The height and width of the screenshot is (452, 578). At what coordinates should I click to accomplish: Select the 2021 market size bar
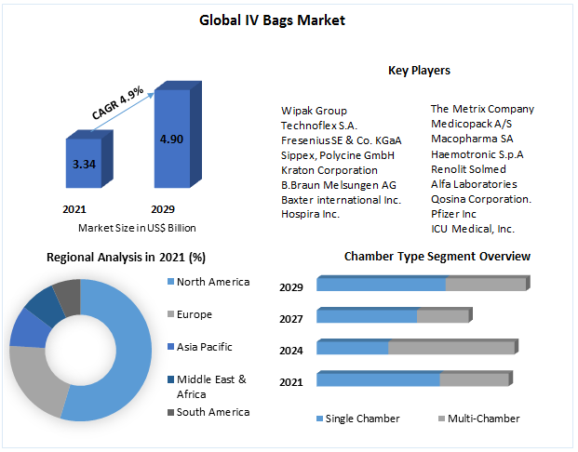84,166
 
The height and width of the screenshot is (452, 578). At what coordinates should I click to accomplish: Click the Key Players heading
419,71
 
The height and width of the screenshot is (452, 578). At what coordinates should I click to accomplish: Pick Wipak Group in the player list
314,111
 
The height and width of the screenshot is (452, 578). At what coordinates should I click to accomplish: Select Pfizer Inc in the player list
453,214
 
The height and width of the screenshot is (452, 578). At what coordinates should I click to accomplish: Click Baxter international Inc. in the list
341,199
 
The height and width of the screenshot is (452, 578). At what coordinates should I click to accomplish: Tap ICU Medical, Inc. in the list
472,229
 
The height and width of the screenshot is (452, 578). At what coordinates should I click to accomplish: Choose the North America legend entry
212,283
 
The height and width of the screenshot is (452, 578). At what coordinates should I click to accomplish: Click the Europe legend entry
194,315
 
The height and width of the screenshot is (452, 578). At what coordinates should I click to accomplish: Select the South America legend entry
212,412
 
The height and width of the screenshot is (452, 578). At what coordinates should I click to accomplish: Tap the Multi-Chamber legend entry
483,419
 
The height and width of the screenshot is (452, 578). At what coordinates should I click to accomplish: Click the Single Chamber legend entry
361,419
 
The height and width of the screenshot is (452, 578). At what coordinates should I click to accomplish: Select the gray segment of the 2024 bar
450,347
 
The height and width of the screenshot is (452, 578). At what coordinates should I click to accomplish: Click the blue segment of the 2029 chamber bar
381,284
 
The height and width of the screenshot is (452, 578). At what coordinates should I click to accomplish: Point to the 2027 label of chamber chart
291,319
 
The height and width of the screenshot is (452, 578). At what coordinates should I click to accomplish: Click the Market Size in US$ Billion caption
137,228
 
